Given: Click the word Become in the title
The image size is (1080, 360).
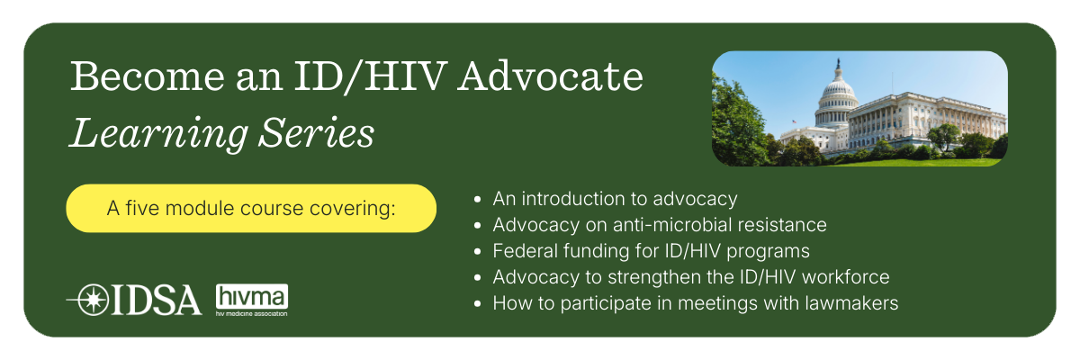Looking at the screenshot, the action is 148,76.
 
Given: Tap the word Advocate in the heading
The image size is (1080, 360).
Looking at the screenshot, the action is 550,76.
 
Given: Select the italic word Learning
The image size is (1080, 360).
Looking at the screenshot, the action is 158,134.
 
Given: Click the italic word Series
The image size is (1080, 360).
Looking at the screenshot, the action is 316,132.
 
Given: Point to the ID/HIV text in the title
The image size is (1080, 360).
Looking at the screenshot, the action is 370,76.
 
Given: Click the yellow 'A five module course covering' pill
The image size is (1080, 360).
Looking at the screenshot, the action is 251,208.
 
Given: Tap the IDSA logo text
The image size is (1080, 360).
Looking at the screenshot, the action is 157,300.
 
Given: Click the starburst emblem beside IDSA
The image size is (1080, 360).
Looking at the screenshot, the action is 93,300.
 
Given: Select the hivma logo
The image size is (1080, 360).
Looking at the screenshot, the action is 252,300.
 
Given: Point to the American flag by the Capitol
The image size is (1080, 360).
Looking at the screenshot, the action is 794,121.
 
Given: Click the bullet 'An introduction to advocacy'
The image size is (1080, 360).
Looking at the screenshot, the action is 615,199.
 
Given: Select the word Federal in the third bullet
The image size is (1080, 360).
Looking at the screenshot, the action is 525,250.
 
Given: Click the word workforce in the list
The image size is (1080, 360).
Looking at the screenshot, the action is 846,277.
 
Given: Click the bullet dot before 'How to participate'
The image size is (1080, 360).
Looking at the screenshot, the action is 477,303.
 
